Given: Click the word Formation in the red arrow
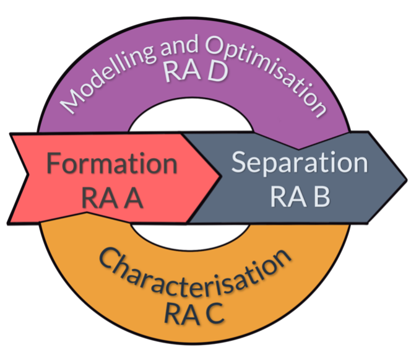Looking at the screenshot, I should pyautogui.click(x=111, y=165).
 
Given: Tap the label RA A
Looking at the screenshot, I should pyautogui.click(x=112, y=199).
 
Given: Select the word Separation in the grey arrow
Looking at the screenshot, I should pyautogui.click(x=299, y=163).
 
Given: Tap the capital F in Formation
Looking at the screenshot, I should pyautogui.click(x=54, y=165).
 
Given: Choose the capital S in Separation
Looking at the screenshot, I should pyautogui.click(x=240, y=163).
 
